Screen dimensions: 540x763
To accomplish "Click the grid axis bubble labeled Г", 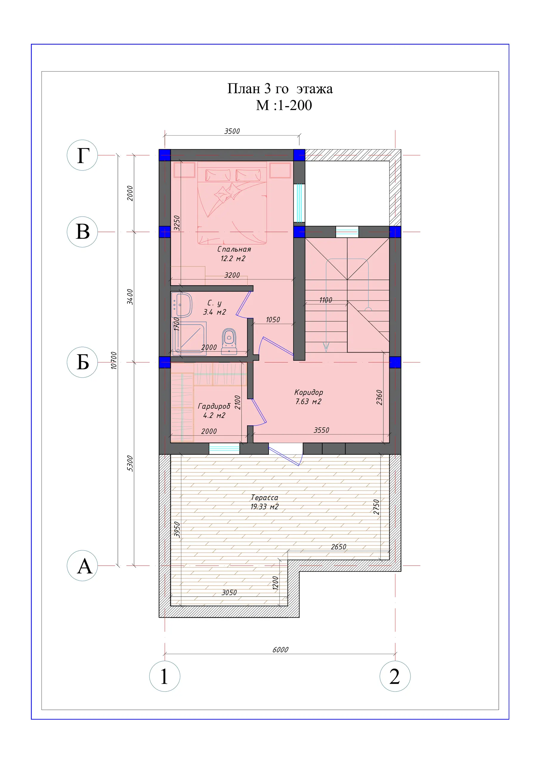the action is [82, 155].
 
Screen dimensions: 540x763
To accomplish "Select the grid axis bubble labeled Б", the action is [82, 362].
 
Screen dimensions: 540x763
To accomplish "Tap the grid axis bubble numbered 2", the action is [395, 676].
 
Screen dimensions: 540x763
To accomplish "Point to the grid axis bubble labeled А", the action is [82, 566].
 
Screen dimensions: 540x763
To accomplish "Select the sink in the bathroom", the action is [182, 305].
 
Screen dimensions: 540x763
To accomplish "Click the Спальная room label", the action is [234, 249].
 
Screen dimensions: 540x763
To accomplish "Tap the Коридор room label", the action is [308, 393].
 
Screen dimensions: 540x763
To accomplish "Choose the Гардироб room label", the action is [214, 406].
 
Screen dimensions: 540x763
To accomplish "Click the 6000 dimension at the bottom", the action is [280, 650].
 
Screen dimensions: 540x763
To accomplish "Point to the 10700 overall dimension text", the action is [114, 360].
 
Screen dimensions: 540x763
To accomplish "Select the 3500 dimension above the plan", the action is [232, 131].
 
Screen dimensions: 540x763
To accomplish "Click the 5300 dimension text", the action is [130, 463].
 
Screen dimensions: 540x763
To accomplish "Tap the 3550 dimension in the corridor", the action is [321, 430].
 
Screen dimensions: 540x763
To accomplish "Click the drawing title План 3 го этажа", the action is [280, 89].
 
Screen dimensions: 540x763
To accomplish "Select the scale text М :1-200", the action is [284, 105].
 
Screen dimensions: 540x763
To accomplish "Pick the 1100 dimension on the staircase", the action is [326, 300].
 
